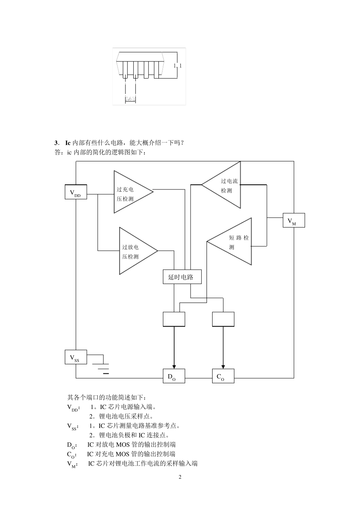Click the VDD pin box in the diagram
click(x=76, y=192)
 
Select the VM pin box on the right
click(x=294, y=220)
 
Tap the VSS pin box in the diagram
click(x=76, y=357)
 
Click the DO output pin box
click(x=174, y=376)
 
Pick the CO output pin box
click(x=223, y=376)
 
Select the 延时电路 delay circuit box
click(x=182, y=277)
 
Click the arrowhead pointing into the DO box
click(x=174, y=366)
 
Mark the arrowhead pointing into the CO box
click(x=223, y=366)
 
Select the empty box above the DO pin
click(x=174, y=319)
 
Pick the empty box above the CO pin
click(x=223, y=319)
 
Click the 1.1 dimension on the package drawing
click(x=177, y=66)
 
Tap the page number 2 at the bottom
click(x=180, y=477)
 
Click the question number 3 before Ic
click(x=56, y=143)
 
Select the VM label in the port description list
click(x=72, y=464)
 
